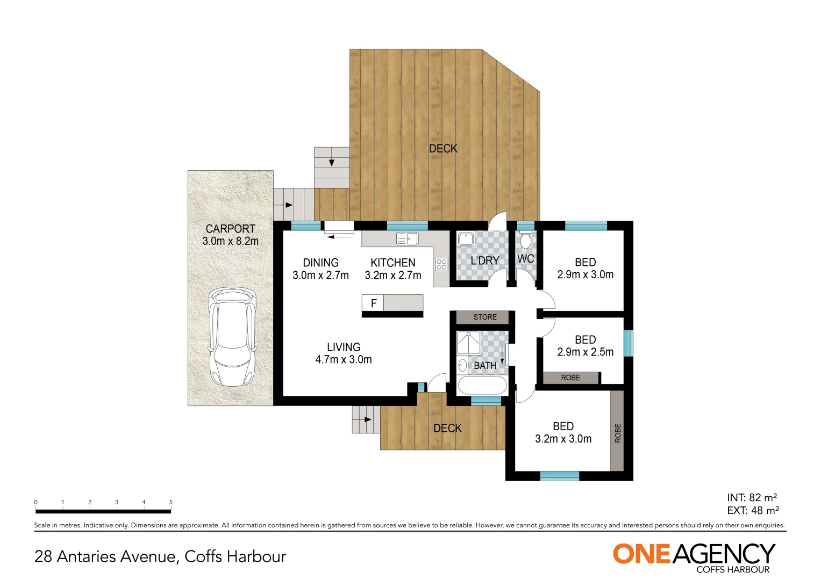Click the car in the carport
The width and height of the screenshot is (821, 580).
(232, 337)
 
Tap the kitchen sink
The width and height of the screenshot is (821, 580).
(407, 238)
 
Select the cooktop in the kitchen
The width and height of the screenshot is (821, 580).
(441, 264)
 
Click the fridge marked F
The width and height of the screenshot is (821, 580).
(373, 303)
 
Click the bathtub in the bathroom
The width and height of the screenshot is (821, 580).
(481, 386)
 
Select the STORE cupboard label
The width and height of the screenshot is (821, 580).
(484, 317)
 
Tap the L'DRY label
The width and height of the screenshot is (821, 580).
(484, 260)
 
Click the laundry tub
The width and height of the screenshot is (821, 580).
(466, 239)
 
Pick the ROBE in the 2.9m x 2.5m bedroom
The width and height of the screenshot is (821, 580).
(570, 378)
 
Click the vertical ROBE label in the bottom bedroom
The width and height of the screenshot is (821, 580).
(617, 433)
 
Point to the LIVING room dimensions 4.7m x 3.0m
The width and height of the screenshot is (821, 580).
(344, 360)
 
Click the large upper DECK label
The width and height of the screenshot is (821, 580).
(443, 149)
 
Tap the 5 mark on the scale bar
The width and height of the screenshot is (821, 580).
(171, 503)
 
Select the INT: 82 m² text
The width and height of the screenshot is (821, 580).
(752, 498)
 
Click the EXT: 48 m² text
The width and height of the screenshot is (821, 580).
(753, 511)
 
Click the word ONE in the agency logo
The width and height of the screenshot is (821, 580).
(641, 554)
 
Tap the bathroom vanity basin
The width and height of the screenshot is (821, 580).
(462, 366)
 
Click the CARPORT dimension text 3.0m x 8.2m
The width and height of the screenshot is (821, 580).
(230, 242)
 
